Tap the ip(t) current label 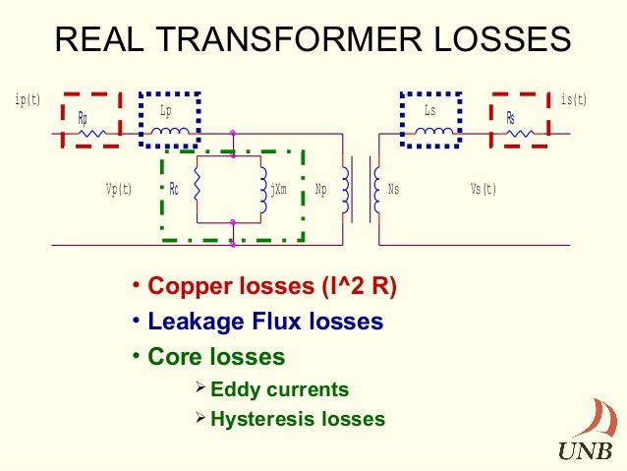[x=28, y=100]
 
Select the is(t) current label [x=573, y=100]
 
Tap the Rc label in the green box [x=174, y=189]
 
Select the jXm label [x=278, y=189]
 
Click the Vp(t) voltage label [x=119, y=189]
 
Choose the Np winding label [x=320, y=189]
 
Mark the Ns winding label [x=394, y=189]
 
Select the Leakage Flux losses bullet [x=264, y=322]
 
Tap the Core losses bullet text [x=215, y=356]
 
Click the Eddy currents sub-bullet [x=279, y=389]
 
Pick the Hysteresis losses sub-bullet [x=298, y=419]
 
